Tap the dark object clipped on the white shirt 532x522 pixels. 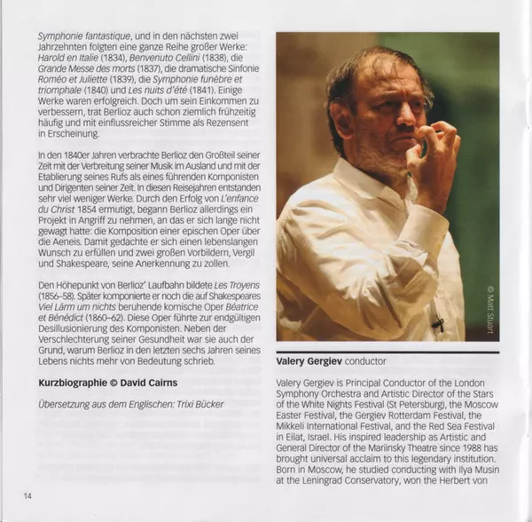pos(437,324)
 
